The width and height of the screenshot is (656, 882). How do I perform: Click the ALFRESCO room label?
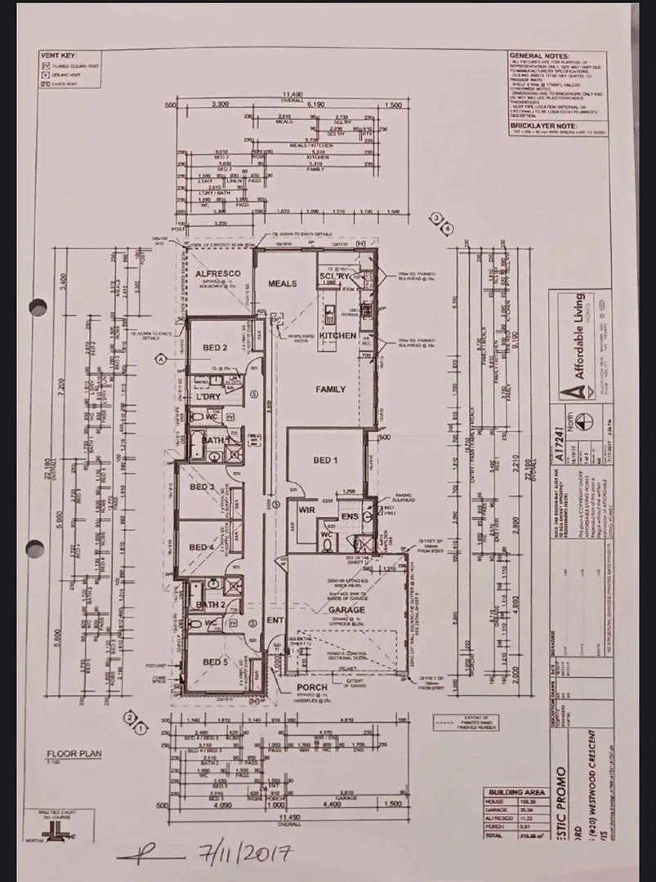tap(216, 275)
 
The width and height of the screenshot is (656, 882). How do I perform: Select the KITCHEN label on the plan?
tap(338, 336)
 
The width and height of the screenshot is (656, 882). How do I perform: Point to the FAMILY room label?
tap(331, 390)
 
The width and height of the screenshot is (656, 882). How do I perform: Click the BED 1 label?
tap(326, 461)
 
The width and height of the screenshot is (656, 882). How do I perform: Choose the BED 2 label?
tap(214, 348)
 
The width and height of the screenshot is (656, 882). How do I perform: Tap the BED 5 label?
tap(214, 661)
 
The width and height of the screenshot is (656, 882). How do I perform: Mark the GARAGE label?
tap(347, 609)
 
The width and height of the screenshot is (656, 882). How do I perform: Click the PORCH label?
tap(312, 688)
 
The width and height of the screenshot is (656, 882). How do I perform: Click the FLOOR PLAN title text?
tap(74, 754)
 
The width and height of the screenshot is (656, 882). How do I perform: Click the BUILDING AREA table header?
tap(516, 792)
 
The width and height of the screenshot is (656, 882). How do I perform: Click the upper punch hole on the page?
tap(38, 307)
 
